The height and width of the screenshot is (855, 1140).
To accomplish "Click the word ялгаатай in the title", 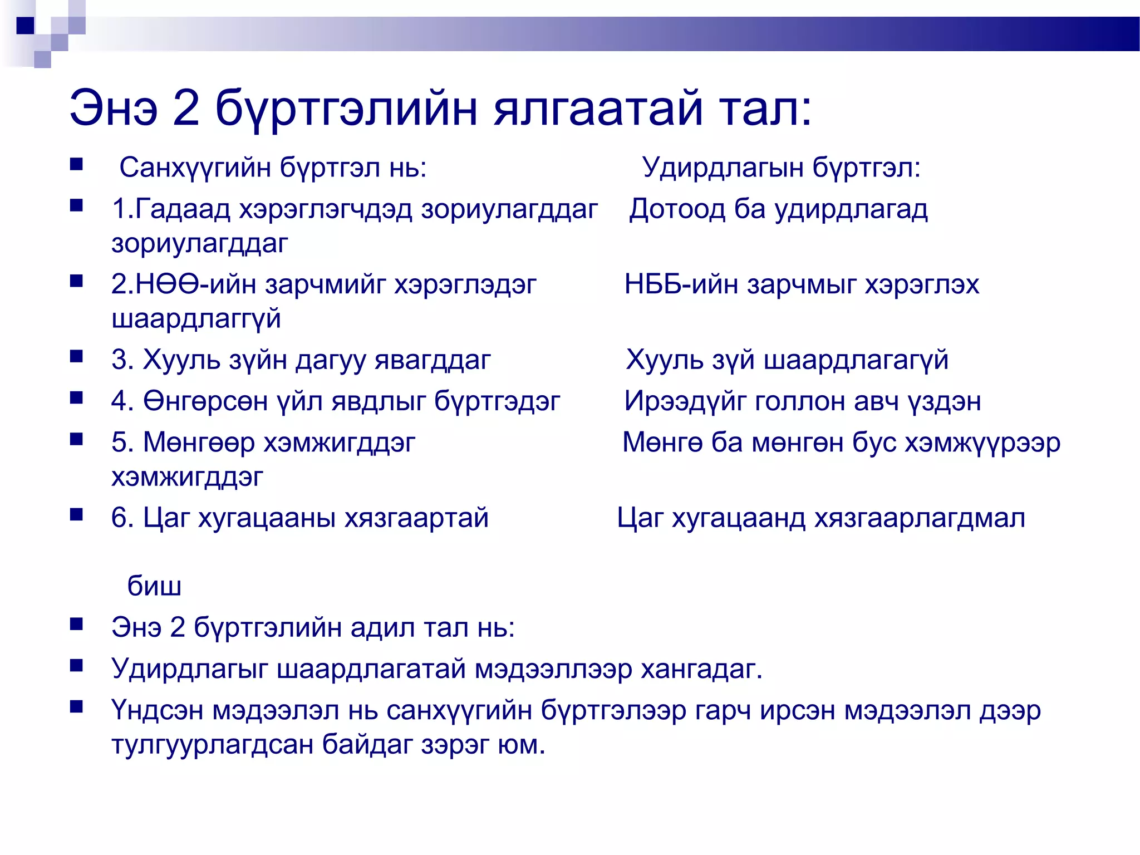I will [x=598, y=109].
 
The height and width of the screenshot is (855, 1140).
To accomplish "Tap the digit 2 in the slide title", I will [x=186, y=109].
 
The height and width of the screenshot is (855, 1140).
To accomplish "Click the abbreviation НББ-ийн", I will [x=681, y=284].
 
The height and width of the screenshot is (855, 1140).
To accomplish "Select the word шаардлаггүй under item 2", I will [x=196, y=319].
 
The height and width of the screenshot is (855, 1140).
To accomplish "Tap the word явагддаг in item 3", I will [x=433, y=360].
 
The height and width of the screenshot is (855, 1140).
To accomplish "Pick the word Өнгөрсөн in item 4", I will [x=205, y=401].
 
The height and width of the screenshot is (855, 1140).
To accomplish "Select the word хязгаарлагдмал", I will [x=920, y=518].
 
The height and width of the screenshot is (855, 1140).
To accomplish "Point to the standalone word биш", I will [x=154, y=586].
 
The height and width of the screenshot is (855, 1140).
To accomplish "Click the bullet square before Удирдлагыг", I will [x=76, y=665].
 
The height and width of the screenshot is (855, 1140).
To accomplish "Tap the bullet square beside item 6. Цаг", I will [x=76, y=514].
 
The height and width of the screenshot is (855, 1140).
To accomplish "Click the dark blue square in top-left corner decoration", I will [x=26, y=26].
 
